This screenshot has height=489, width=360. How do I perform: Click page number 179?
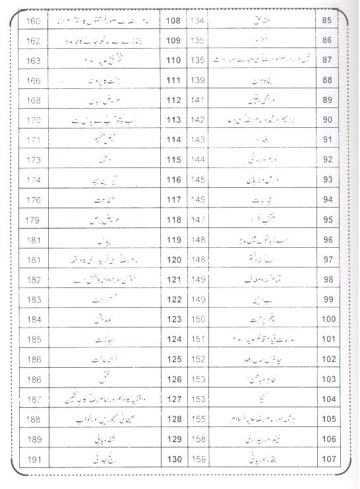coord(32,219)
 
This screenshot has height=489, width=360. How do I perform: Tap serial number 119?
coord(173,240)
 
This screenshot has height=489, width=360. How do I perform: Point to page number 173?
coord(32,160)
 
